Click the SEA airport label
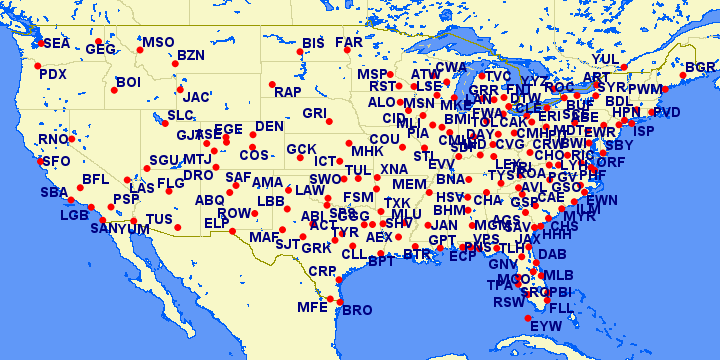click(x=57, y=44)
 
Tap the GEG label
click(x=101, y=49)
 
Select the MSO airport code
click(x=158, y=43)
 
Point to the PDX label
click(x=52, y=74)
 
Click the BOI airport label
click(x=128, y=82)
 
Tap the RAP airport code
click(x=288, y=92)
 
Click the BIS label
click(x=314, y=44)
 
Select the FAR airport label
click(x=349, y=44)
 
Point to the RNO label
click(x=53, y=139)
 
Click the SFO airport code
click(x=57, y=161)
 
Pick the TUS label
click(x=159, y=219)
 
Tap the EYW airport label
click(x=546, y=326)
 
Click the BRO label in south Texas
click(x=357, y=310)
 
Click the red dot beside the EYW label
click(x=528, y=318)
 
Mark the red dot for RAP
click(x=270, y=83)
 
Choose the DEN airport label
click(x=269, y=127)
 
